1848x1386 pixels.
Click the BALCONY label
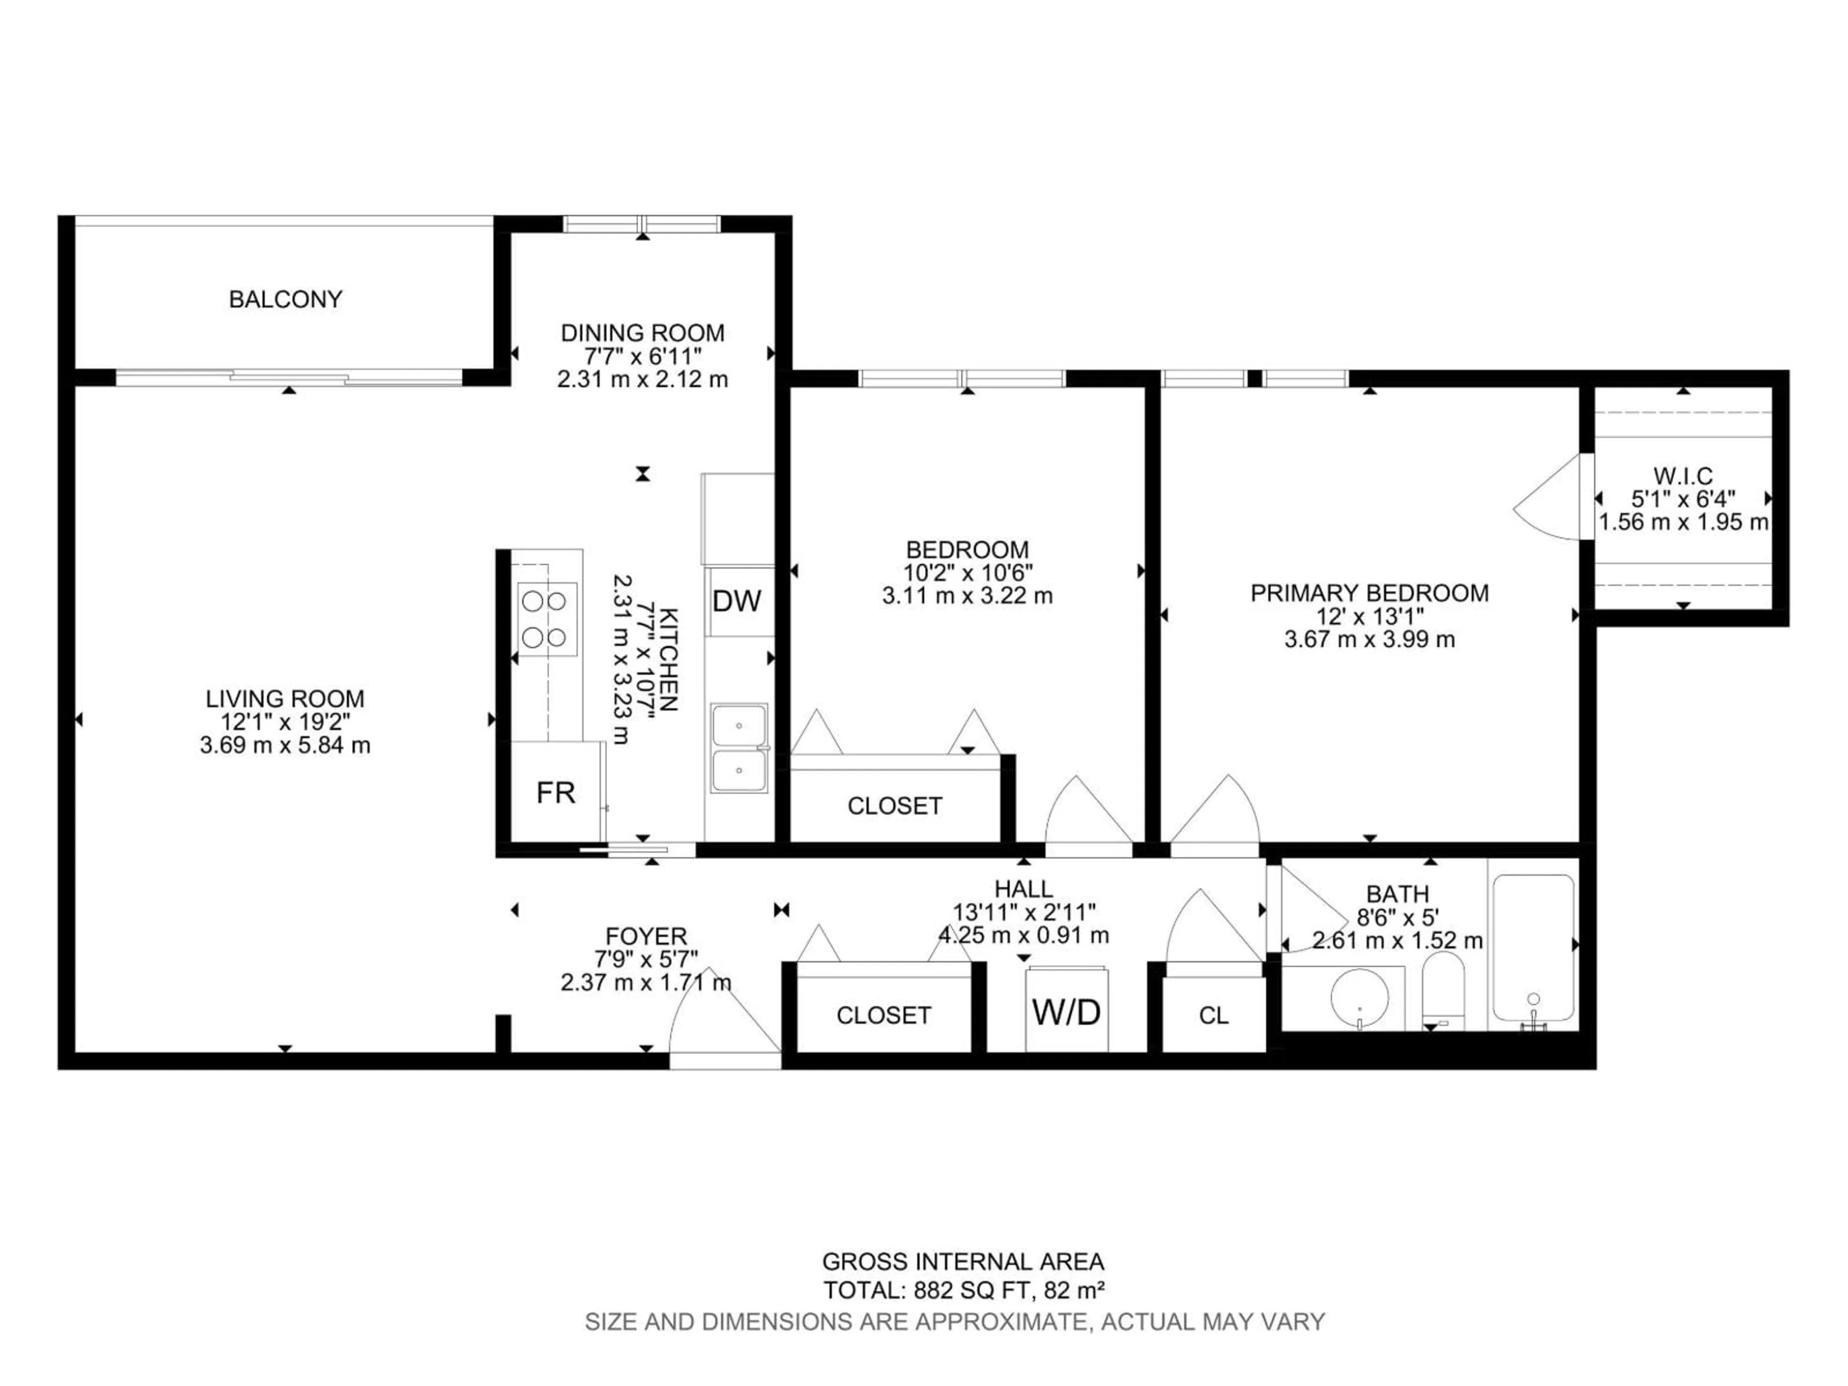pos(286,299)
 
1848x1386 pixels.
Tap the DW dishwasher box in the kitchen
pos(737,601)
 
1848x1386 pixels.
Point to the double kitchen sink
pos(739,748)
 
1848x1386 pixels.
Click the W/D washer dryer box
pos(1067,1012)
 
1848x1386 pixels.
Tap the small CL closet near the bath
pos(1213,1015)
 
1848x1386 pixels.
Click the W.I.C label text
pos(1682,476)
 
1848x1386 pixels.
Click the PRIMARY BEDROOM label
pos(1369,593)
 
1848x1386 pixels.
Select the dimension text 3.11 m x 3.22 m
pos(967,596)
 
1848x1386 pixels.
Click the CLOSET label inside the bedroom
pos(895,805)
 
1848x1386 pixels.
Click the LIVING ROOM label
pos(285,698)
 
